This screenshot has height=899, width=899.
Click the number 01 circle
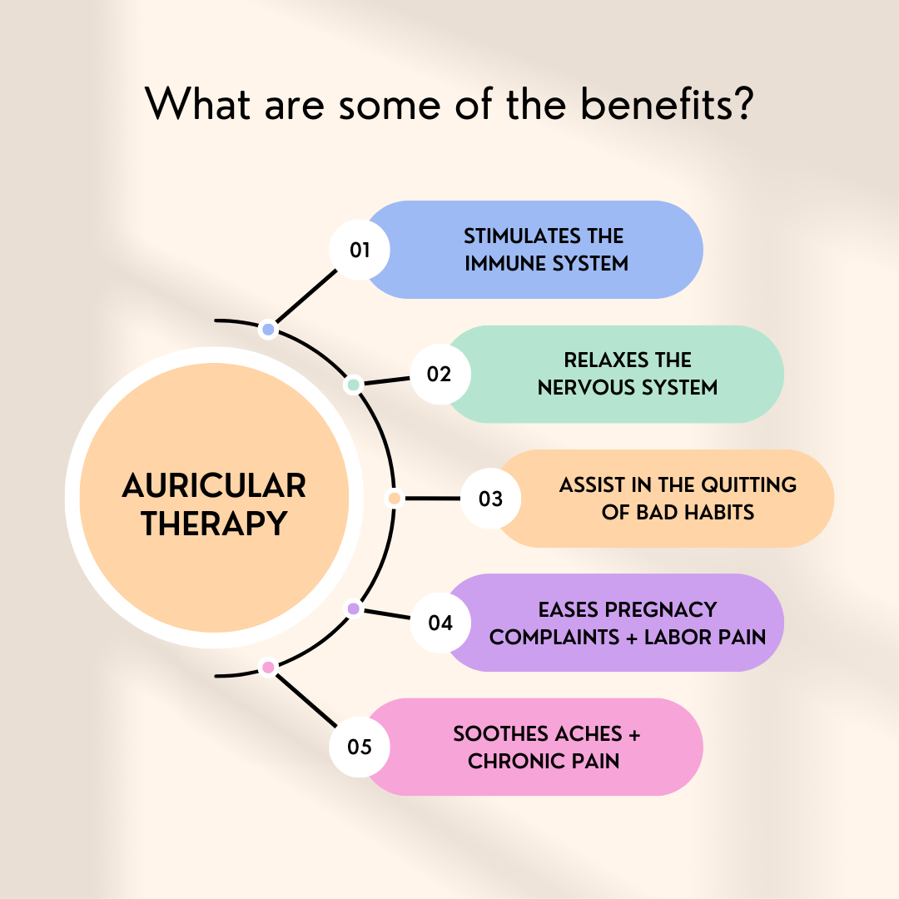[360, 250]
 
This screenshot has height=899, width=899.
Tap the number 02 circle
[440, 374]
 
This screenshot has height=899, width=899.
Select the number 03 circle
[491, 499]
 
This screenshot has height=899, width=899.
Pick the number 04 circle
[440, 623]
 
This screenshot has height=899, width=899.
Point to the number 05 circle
[360, 747]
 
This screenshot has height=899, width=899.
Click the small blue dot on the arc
[268, 330]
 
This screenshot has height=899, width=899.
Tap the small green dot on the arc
[353, 385]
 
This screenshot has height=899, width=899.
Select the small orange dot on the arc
[395, 499]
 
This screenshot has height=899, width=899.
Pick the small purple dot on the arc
[353, 609]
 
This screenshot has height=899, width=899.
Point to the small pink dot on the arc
[268, 667]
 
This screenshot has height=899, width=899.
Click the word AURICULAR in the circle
[214, 485]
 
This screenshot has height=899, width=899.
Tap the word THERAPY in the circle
[214, 524]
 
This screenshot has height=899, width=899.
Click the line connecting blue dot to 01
[305, 296]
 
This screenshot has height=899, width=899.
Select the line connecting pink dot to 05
[305, 700]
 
